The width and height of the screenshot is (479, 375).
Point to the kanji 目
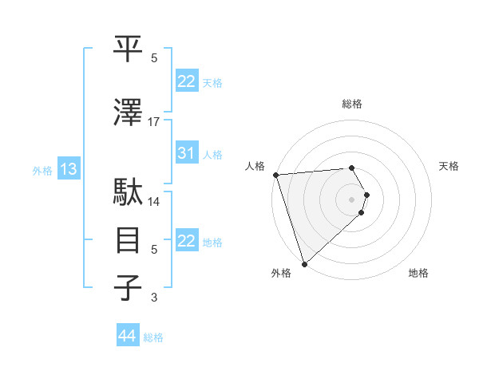129,240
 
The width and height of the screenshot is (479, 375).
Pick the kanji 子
129,288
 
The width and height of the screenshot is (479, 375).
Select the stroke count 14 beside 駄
154,201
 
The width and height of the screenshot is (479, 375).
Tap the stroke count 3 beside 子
154,298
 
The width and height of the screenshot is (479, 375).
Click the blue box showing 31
187,154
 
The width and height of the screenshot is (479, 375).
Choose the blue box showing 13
68,169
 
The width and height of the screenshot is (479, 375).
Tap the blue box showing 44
127,337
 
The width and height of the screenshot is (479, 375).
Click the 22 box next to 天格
187,81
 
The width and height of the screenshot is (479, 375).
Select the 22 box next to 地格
187,241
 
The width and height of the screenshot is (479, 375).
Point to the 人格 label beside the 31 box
212,155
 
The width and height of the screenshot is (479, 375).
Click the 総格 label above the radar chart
351,104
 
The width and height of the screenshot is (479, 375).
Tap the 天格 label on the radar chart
449,166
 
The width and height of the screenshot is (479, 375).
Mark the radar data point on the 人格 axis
275,175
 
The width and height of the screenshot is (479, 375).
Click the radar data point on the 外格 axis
304,263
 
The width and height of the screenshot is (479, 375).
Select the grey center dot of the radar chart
351,199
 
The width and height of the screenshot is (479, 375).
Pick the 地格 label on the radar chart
418,274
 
